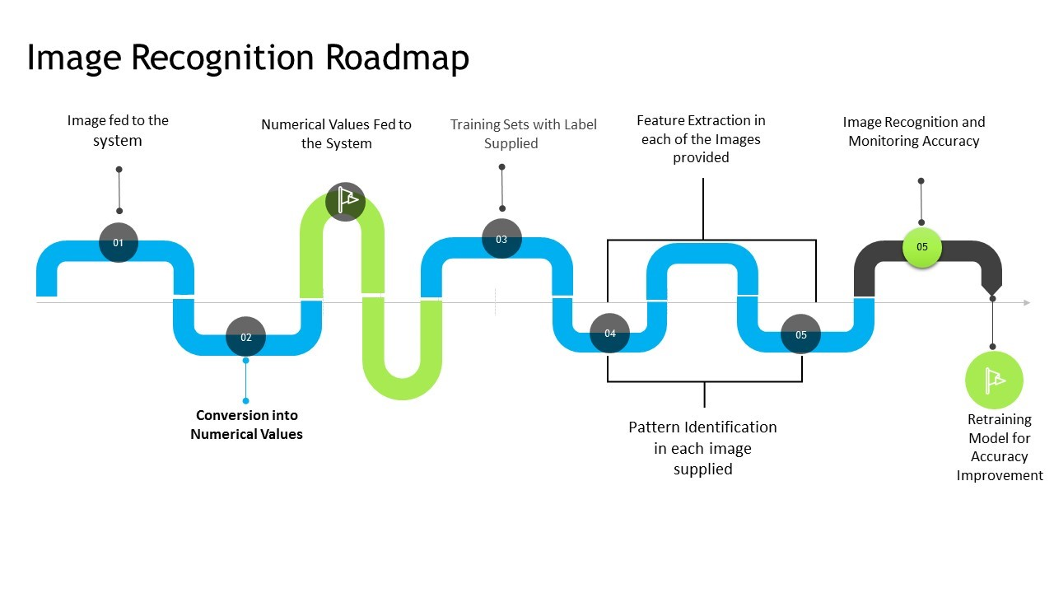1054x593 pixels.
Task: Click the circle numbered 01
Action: pos(119,243)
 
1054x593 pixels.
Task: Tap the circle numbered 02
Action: pos(245,337)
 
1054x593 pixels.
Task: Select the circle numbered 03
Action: pos(501,240)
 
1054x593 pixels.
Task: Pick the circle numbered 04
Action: pos(610,334)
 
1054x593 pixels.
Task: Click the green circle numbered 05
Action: pos(922,247)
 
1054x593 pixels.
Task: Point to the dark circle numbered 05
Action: pos(801,335)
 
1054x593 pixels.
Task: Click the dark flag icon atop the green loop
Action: pos(346,200)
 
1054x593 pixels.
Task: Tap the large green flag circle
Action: pos(994,381)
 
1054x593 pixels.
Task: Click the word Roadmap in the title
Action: pos(397,58)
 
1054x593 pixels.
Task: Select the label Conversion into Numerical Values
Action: pos(246,424)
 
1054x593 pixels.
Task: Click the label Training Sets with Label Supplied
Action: pos(523,133)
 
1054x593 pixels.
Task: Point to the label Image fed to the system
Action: pos(118,130)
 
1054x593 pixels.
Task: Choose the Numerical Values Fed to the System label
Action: pos(336,133)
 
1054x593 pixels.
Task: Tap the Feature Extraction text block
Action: pos(701,138)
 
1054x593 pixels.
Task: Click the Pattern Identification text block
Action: pos(702,447)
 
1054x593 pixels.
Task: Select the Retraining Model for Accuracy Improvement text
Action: pos(999,447)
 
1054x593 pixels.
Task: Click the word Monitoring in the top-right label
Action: pos(886,141)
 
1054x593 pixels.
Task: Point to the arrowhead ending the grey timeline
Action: pos(1026,303)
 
